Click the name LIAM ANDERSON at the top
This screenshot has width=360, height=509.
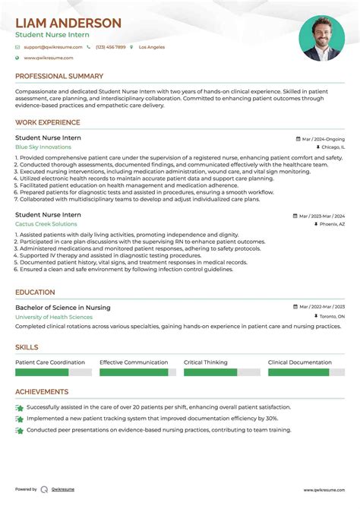pyautogui.click(x=68, y=23)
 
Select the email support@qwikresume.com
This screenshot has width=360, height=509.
pyautogui.click(x=52, y=47)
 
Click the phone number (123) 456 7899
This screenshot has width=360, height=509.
pyautogui.click(x=111, y=47)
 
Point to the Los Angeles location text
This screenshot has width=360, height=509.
pyautogui.click(x=152, y=47)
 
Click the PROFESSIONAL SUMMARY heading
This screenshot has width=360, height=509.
pyautogui.click(x=59, y=76)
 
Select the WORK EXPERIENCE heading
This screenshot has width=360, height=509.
pyautogui.click(x=48, y=122)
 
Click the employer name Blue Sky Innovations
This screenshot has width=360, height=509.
pyautogui.click(x=43, y=147)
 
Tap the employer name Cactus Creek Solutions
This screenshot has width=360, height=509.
pyautogui.click(x=46, y=224)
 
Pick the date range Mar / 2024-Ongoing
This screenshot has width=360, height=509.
pyautogui.click(x=323, y=140)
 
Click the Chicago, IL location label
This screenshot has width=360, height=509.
pyautogui.click(x=331, y=147)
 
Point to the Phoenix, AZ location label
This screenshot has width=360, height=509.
pyautogui.click(x=331, y=225)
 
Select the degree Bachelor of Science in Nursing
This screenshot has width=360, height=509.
pyautogui.click(x=62, y=308)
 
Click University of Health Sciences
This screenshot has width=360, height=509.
pyautogui.click(x=54, y=317)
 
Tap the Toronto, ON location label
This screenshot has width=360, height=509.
pyautogui.click(x=330, y=316)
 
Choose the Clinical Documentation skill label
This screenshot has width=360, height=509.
pyautogui.click(x=299, y=362)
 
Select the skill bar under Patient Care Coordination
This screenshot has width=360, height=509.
pyautogui.click(x=53, y=373)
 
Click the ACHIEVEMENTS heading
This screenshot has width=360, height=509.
pyautogui.click(x=42, y=392)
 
